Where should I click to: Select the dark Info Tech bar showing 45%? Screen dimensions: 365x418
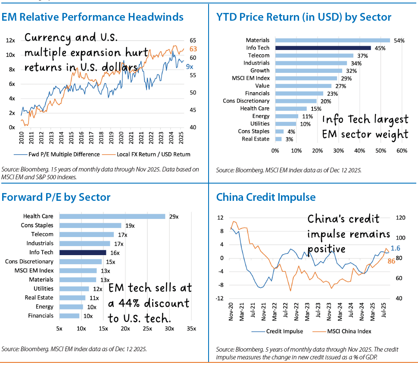[x=323, y=48]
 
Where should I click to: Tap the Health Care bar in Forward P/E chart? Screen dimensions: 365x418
[x=112, y=216]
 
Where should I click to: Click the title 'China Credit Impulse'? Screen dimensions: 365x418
[x=266, y=197]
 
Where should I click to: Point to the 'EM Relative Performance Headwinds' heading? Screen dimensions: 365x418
[x=93, y=17]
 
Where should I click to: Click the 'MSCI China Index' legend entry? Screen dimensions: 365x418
[x=349, y=331]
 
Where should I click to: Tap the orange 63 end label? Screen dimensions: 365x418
[x=193, y=49]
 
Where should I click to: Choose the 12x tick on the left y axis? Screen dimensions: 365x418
[x=10, y=41]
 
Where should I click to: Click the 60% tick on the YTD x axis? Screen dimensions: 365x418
[x=402, y=151]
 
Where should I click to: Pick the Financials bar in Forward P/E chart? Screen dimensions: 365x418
[x=69, y=316]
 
